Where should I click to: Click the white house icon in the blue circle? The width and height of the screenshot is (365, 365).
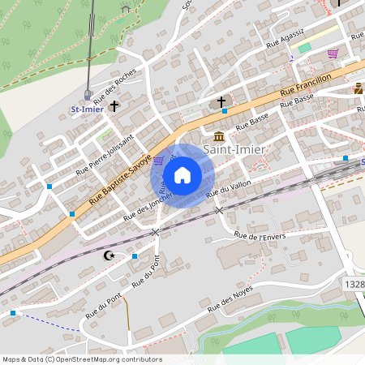[x=182, y=174]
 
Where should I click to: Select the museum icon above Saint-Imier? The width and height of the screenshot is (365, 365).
[x=219, y=135]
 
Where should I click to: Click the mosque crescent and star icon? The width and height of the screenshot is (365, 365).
[x=109, y=255]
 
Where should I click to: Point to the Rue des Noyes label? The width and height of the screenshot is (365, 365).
[x=230, y=298]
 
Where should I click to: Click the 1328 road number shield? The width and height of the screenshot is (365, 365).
[x=354, y=285]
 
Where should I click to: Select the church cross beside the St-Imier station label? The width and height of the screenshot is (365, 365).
[x=114, y=105]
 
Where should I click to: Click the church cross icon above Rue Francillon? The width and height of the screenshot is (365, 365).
[x=221, y=101]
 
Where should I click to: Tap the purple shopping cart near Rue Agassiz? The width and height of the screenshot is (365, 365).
[x=333, y=54]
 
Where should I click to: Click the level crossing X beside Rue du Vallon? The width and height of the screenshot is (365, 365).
[x=218, y=210]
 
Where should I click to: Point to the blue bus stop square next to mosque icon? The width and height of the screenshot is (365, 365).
[x=135, y=256]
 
